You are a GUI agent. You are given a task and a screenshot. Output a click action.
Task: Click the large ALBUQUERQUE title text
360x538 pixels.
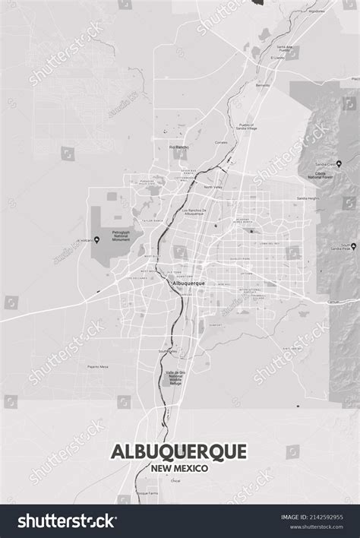coord(179,451)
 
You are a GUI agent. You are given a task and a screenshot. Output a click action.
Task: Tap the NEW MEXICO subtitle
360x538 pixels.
coord(179,468)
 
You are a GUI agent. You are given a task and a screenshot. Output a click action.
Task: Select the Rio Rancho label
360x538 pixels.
coord(178,147)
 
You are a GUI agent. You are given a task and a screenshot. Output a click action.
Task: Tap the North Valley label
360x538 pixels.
coord(213,187)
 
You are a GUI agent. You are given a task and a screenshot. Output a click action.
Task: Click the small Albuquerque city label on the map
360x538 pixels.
coord(190,283)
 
